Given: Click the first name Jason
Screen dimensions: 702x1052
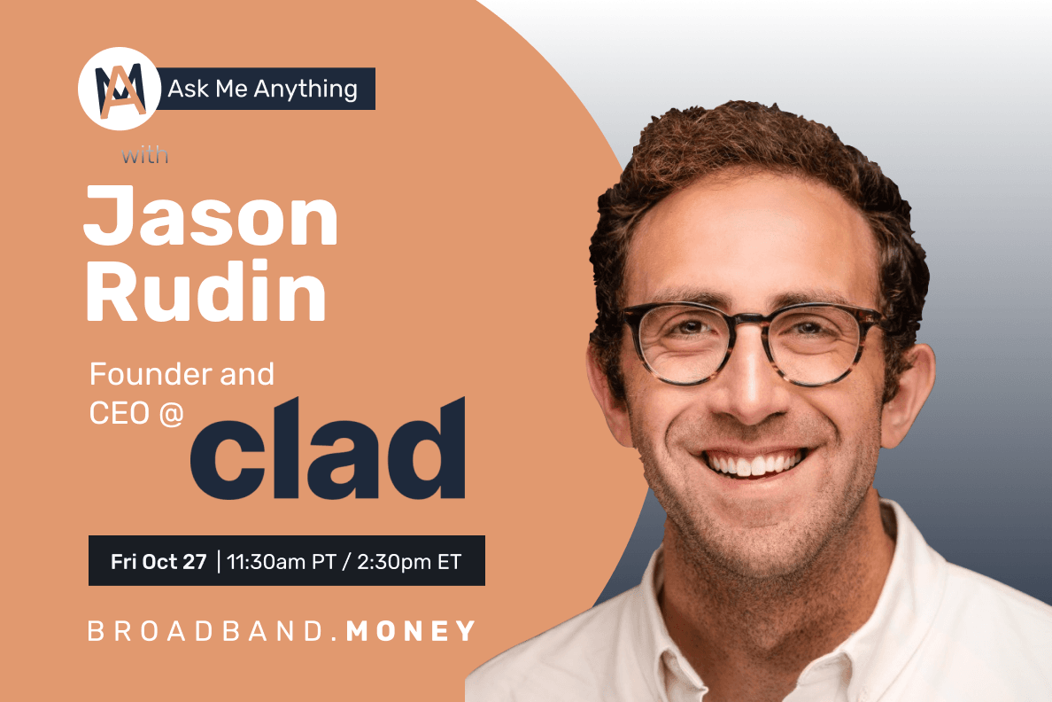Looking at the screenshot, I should [211, 219].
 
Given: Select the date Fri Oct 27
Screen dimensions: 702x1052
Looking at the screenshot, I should [159, 561].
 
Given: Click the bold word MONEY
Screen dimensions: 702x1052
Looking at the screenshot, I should [412, 631].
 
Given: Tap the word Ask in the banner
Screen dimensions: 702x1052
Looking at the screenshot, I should [183, 90].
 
